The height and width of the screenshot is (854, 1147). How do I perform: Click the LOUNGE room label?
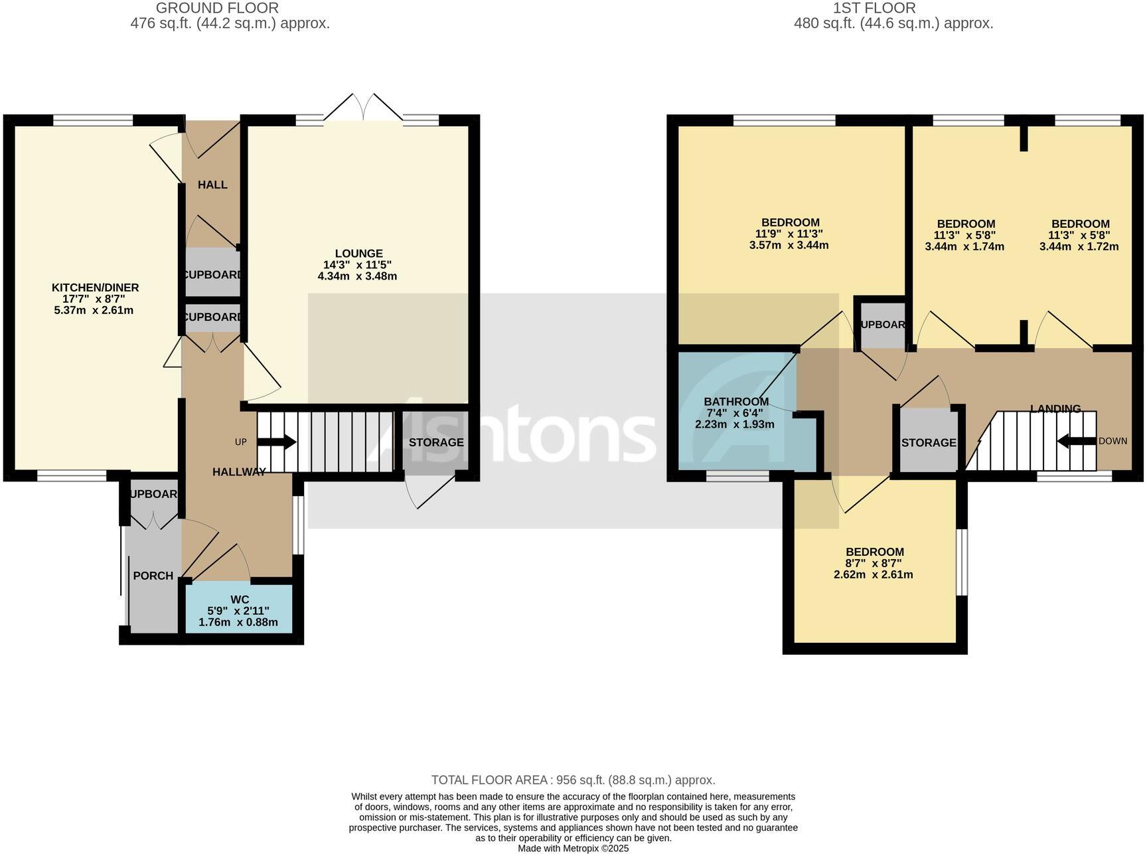(358, 253)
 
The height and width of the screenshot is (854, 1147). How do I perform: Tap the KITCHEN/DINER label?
(95, 288)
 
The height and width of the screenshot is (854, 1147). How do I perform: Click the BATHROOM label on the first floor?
(735, 402)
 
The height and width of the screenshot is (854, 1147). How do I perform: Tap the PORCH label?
(153, 576)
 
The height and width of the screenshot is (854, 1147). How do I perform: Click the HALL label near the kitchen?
(212, 185)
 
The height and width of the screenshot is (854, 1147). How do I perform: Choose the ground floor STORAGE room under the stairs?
(435, 442)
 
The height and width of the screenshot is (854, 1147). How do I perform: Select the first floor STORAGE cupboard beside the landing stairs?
(928, 442)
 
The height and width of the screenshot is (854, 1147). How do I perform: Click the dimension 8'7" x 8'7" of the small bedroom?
(874, 563)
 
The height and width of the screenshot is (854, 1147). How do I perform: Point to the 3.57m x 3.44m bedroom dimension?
(789, 245)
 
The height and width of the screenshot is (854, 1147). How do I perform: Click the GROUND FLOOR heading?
(217, 8)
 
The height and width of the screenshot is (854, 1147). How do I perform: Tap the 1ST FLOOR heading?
(874, 8)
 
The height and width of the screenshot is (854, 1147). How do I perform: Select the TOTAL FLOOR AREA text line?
(573, 780)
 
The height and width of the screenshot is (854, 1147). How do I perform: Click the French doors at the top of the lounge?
(363, 108)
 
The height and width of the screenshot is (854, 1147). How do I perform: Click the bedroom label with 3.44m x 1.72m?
(1079, 224)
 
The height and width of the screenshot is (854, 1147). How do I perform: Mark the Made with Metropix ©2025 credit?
(573, 848)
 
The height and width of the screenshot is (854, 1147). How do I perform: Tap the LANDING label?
(1055, 408)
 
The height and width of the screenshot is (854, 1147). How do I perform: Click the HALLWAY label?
(239, 472)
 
